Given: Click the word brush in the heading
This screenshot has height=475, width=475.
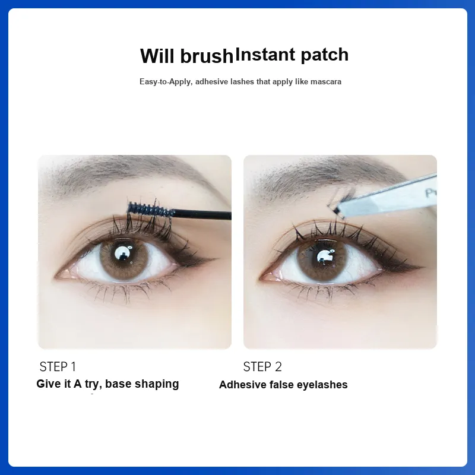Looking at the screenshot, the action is tap(207, 56).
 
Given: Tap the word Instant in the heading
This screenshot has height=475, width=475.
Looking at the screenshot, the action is tap(265, 55).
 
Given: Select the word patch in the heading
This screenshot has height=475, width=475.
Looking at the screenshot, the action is tap(325, 56).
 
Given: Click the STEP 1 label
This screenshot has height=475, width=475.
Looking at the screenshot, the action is tap(58, 367).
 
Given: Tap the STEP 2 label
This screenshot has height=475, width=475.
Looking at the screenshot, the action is tap(262, 367).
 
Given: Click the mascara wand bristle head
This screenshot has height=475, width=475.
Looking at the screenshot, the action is tap(151, 209).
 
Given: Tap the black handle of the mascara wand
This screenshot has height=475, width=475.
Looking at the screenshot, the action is tap(202, 214).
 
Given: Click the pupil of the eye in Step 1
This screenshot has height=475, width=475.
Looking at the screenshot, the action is tap(123, 254).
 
